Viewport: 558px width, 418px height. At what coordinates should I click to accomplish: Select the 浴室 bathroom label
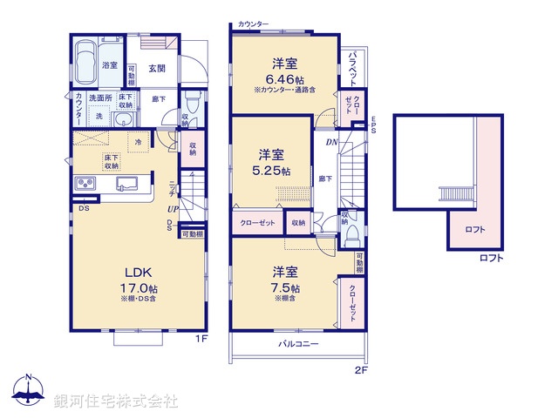click(110, 65)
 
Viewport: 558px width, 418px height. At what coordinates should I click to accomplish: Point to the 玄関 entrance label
click(157, 69)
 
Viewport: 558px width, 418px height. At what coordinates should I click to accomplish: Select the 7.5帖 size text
click(285, 288)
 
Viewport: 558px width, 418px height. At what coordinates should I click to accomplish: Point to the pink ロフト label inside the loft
click(476, 230)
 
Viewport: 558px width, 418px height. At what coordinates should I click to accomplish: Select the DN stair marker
click(331, 142)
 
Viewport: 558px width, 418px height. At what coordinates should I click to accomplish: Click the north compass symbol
click(30, 391)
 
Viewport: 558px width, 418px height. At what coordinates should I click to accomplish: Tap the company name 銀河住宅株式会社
click(116, 401)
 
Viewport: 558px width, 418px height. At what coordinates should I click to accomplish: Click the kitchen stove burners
click(86, 183)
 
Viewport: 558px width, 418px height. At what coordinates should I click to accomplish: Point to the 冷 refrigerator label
click(138, 141)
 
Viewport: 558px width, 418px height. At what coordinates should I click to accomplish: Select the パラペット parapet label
click(353, 68)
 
